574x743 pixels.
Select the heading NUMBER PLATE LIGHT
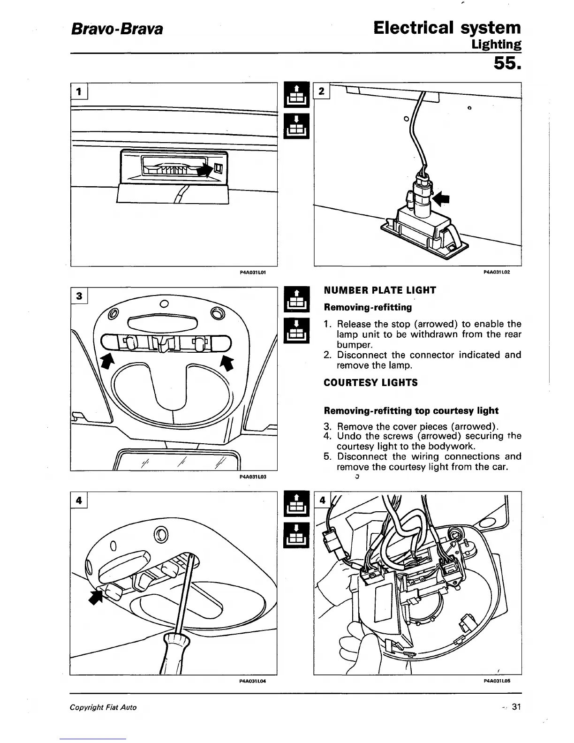pyautogui.click(x=380, y=290)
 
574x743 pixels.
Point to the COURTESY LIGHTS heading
pyautogui.click(x=370, y=383)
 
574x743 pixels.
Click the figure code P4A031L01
pyautogui.click(x=253, y=272)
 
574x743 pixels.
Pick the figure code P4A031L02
pyautogui.click(x=496, y=272)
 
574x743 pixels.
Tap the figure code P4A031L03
pyautogui.click(x=253, y=477)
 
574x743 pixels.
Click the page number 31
pyautogui.click(x=516, y=706)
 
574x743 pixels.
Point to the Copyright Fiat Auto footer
pyautogui.click(x=103, y=707)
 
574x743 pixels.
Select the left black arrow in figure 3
pyautogui.click(x=108, y=361)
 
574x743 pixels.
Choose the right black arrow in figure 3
pyautogui.click(x=227, y=362)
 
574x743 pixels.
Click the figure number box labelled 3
pyautogui.click(x=79, y=296)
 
